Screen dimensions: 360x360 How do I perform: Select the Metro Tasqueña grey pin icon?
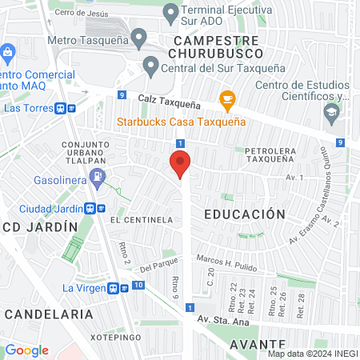139,37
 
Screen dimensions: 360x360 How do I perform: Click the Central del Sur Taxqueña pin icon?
150,66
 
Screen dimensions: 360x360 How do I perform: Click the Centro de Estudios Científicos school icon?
330,113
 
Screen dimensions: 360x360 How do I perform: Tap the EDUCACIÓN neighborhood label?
245,214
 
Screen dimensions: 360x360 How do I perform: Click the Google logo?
27,350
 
